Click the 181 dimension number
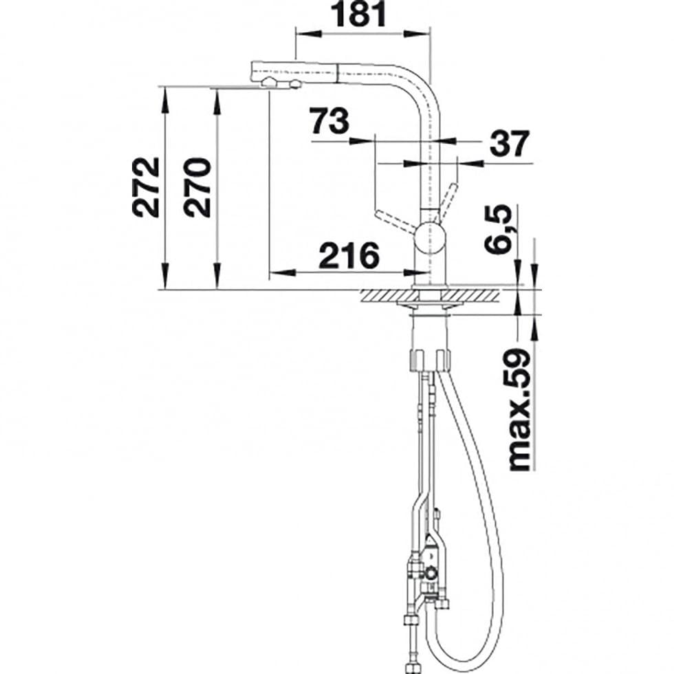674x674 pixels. [360, 14]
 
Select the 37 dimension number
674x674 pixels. [510, 144]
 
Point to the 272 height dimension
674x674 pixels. [146, 187]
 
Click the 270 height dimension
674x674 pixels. [197, 187]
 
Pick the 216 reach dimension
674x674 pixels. [349, 255]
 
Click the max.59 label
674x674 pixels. [519, 410]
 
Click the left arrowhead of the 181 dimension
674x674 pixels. [308, 34]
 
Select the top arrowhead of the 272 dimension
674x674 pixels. [164, 98]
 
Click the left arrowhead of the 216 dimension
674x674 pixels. [282, 272]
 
